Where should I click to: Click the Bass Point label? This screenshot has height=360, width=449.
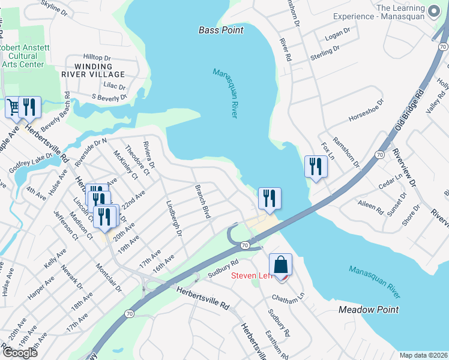(221, 29)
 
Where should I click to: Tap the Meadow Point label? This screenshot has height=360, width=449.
(369, 310)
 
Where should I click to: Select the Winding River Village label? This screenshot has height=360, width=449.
(93, 70)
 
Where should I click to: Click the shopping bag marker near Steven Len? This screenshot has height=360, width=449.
(280, 264)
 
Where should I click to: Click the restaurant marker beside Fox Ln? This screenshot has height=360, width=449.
(316, 166)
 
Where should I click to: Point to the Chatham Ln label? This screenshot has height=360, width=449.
(288, 296)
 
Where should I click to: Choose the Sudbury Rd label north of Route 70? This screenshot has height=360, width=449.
(223, 267)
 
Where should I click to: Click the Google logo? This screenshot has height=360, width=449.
(20, 352)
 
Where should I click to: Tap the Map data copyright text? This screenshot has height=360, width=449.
(423, 355)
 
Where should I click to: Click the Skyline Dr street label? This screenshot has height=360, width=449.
(54, 7)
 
